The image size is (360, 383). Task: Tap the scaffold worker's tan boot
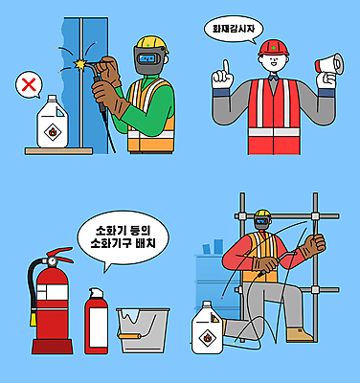[x=304, y=334]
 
